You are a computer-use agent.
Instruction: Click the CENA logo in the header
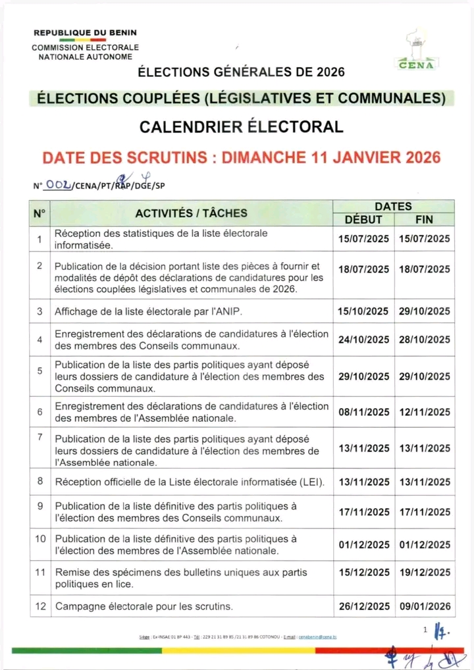coord(415,51)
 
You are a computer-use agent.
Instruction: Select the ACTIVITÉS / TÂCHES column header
coord(192,213)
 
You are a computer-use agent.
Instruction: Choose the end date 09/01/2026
coord(425,606)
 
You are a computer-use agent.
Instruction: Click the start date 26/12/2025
coord(364,606)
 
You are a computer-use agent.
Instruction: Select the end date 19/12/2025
coord(425,573)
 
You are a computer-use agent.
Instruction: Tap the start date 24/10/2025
coord(364,340)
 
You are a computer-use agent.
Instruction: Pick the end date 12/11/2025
coord(425,412)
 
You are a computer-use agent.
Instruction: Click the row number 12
coord(40,606)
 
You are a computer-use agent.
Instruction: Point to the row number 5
coord(40,371)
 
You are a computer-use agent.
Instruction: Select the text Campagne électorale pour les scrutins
coord(144,606)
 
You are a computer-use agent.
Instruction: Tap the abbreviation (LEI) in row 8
coord(311,482)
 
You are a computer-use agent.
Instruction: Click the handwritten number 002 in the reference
coord(58,186)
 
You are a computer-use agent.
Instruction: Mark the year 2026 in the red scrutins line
coord(414,157)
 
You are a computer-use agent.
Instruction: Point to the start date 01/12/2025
coord(364,544)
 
